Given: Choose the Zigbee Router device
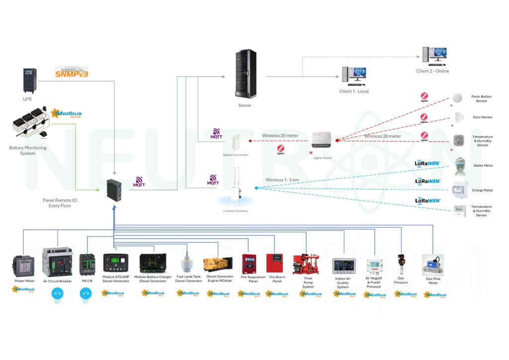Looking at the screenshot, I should (x=321, y=140).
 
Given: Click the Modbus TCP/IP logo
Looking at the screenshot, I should (x=67, y=114).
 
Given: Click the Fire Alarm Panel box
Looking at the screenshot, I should (x=274, y=264).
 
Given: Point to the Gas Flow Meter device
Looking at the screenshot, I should (x=432, y=266).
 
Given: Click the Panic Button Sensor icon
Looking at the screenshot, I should (x=457, y=98).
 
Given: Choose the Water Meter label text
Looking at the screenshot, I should (x=482, y=166).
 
